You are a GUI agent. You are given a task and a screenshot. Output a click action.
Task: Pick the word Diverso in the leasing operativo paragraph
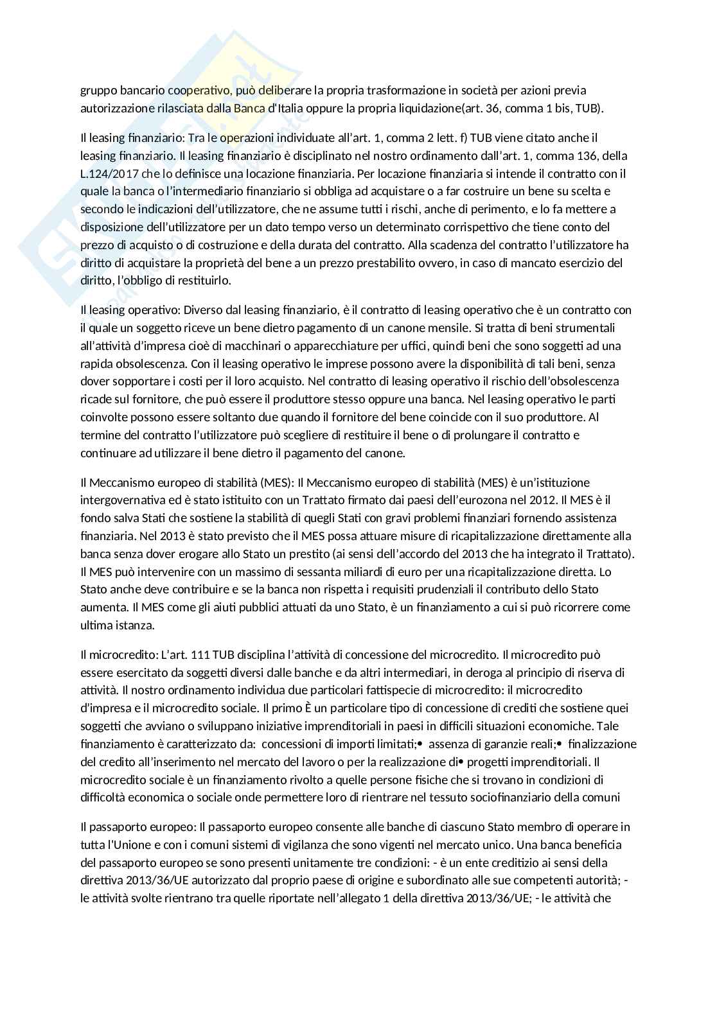pyautogui.click(x=189, y=310)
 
